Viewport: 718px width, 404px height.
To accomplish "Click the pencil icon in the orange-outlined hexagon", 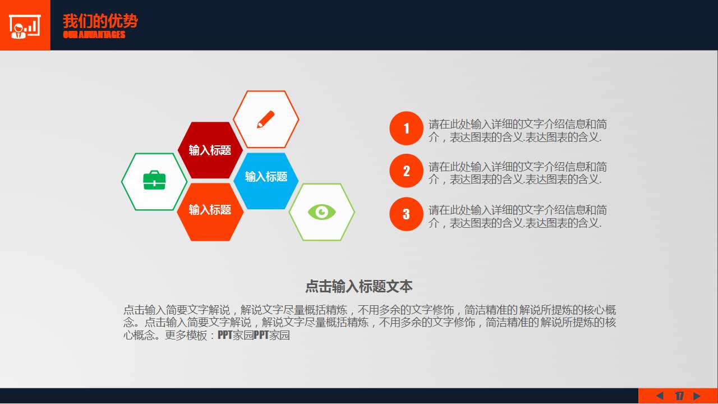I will (x=266, y=120).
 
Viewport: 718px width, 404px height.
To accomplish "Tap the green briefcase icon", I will (x=154, y=181).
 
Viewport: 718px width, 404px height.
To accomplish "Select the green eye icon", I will (x=321, y=212).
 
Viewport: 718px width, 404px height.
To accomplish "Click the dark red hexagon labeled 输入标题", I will (x=210, y=150).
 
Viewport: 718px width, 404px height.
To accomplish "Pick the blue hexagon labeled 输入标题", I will (x=266, y=177).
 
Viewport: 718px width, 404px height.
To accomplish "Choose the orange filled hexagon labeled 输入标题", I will (x=210, y=210).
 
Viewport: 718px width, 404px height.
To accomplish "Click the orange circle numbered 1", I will (x=406, y=128).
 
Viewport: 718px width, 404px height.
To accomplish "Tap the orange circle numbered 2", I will (x=406, y=171).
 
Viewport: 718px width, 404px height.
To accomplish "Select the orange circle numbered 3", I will (x=406, y=214).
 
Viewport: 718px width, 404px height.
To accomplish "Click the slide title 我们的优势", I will (x=100, y=21).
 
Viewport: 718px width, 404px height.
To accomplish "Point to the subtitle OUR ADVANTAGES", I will (x=94, y=35).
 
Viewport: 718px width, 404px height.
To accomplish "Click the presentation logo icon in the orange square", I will (x=25, y=25).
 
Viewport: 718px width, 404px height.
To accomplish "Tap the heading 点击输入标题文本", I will (x=358, y=287).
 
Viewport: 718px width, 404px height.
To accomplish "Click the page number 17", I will (x=679, y=396).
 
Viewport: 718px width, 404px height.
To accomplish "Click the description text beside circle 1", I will (x=517, y=131).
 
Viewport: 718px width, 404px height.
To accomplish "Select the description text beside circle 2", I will (x=517, y=173).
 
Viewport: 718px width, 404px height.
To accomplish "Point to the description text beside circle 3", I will (x=517, y=217).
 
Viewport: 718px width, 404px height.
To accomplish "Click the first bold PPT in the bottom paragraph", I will (x=225, y=336).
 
